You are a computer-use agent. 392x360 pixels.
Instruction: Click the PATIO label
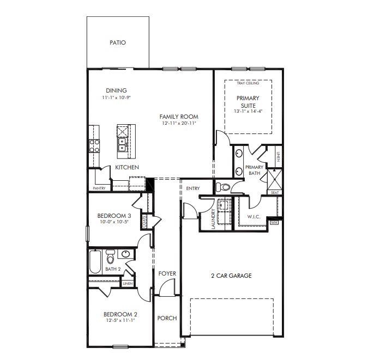(118, 42)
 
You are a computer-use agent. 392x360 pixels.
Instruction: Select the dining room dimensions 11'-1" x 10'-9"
(117, 97)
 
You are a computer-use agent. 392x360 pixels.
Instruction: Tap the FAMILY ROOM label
(179, 117)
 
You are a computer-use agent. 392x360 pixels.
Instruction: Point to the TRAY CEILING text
(248, 83)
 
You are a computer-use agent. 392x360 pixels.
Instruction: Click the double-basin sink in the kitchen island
(123, 145)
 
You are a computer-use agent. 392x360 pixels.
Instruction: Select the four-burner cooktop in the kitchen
(94, 145)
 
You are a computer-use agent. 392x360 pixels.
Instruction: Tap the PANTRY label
(99, 188)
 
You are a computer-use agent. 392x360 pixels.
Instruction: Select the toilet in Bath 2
(110, 255)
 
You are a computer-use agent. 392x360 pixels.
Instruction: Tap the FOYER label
(167, 273)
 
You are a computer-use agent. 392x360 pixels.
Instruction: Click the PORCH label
(167, 318)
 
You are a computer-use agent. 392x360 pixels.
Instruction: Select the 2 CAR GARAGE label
(231, 276)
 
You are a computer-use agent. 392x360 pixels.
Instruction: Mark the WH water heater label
(274, 222)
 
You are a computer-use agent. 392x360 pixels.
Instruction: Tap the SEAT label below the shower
(274, 192)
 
